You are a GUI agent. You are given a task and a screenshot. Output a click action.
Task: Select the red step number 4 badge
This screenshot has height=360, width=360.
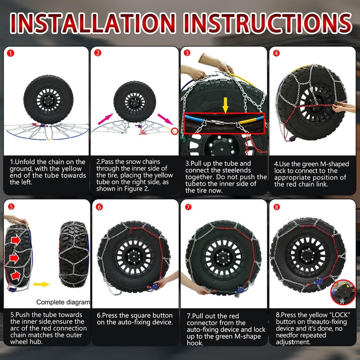[x=276, y=53]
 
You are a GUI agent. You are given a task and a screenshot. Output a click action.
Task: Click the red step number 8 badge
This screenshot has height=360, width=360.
[x=276, y=207]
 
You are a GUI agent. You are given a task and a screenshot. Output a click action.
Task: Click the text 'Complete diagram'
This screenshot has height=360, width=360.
[x=63, y=302]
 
